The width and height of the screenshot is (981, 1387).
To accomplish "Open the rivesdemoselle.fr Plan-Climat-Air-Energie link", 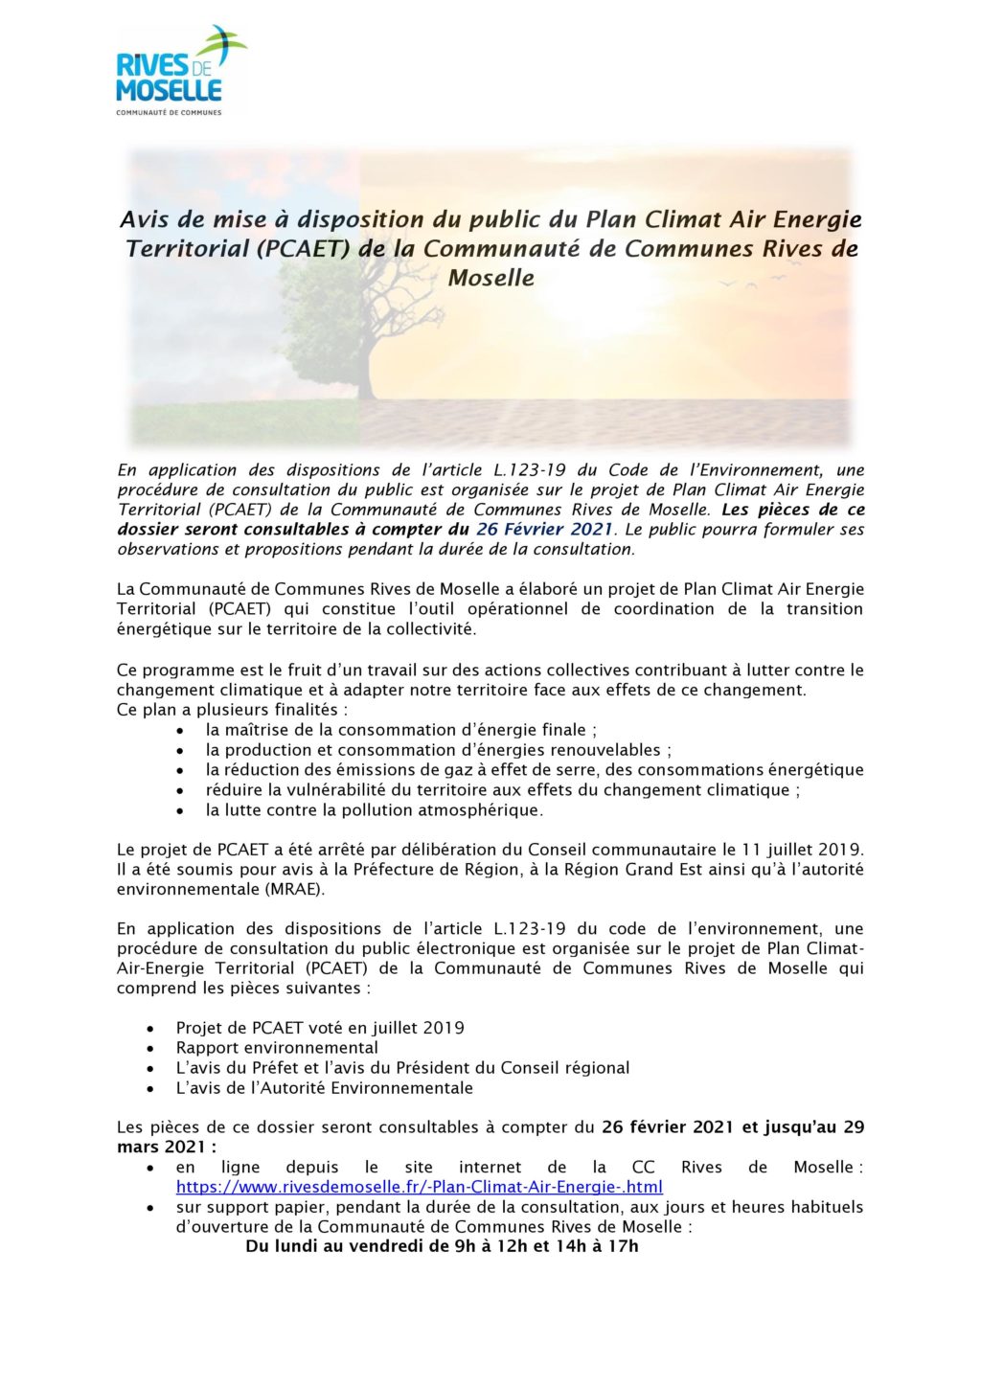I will coord(419,1187).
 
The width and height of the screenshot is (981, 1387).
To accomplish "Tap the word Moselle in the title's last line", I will coord(490,279).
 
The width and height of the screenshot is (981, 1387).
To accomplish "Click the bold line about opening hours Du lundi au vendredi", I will coord(442,1246).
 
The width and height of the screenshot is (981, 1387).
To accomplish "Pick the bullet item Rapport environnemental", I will coord(277,1048).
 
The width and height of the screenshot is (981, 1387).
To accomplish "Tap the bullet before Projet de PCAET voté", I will coord(150,1029).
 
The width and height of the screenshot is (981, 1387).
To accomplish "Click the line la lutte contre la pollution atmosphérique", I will coord(374,810).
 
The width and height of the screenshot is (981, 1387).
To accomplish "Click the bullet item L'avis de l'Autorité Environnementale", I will coord(324,1088).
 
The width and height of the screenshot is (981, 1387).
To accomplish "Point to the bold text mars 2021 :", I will coord(167,1147).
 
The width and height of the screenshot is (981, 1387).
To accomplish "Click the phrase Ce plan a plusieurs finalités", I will coord(232,710).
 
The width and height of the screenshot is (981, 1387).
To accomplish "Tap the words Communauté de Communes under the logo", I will coord(169,112).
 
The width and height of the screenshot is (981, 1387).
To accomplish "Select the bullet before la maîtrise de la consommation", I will coord(181,731).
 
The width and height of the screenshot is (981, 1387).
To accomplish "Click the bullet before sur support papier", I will coord(150,1208).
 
